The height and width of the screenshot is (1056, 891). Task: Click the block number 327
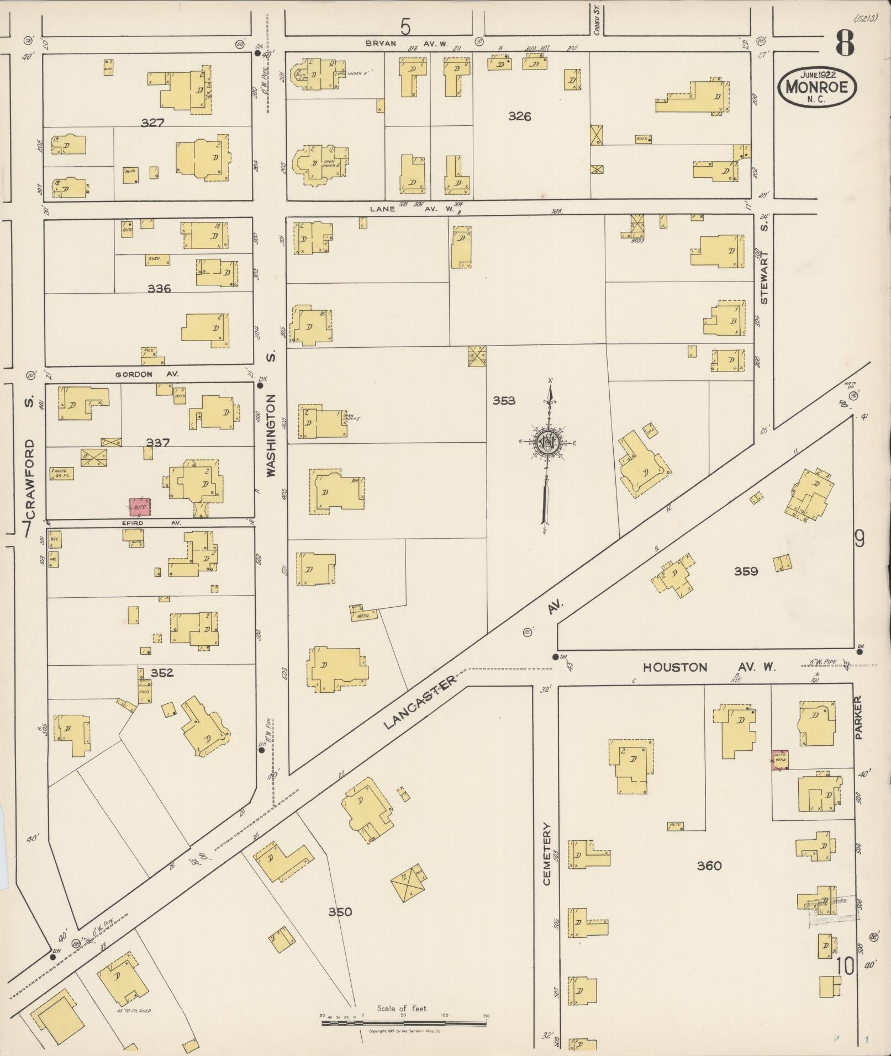point(152,123)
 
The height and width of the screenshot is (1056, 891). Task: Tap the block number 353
point(504,400)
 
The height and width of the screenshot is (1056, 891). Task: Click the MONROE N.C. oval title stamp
point(817,87)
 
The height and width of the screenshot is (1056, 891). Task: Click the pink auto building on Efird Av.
point(139,506)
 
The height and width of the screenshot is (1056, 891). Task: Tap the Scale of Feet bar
point(404,1022)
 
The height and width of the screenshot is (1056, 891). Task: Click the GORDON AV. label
point(147,374)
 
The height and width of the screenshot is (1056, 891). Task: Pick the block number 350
point(340,912)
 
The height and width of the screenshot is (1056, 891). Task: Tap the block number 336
point(159,289)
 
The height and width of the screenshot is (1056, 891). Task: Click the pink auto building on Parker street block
point(780,760)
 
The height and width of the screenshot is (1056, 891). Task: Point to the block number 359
point(746,571)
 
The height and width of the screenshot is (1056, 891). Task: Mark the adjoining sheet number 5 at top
point(406,26)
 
